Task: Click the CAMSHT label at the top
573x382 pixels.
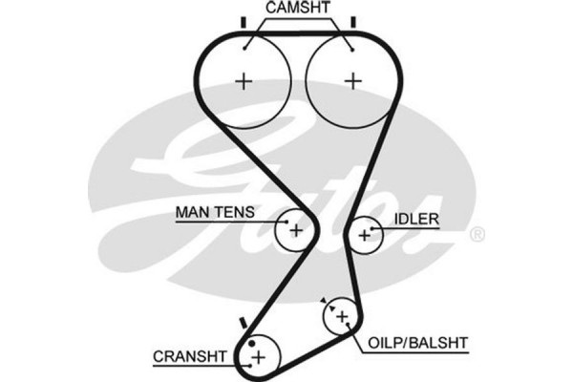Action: click(297, 9)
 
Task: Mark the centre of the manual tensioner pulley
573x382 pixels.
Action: click(295, 229)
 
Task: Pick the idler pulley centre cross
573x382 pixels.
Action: click(364, 233)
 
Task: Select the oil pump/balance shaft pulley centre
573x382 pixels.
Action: click(341, 316)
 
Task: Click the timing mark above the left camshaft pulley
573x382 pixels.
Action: click(244, 21)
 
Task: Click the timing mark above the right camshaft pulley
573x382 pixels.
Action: click(352, 21)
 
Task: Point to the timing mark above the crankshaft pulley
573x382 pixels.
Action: click(244, 323)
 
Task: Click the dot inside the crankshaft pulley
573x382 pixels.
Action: click(251, 342)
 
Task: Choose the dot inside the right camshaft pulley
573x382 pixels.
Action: click(352, 45)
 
